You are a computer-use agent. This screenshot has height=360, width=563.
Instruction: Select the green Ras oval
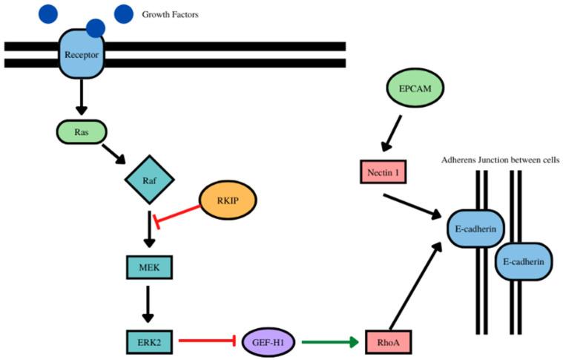(81, 131)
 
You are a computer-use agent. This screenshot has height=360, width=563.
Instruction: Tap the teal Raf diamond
(148, 179)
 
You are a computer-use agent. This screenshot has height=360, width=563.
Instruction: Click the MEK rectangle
(148, 266)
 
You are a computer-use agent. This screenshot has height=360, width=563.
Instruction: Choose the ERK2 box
(148, 341)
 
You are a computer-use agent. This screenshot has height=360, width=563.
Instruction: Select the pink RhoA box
(387, 342)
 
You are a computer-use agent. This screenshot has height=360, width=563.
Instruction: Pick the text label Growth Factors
(170, 14)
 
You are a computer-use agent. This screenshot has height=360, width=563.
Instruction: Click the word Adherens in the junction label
(461, 160)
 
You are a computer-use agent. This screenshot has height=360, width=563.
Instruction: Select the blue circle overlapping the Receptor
(95, 28)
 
